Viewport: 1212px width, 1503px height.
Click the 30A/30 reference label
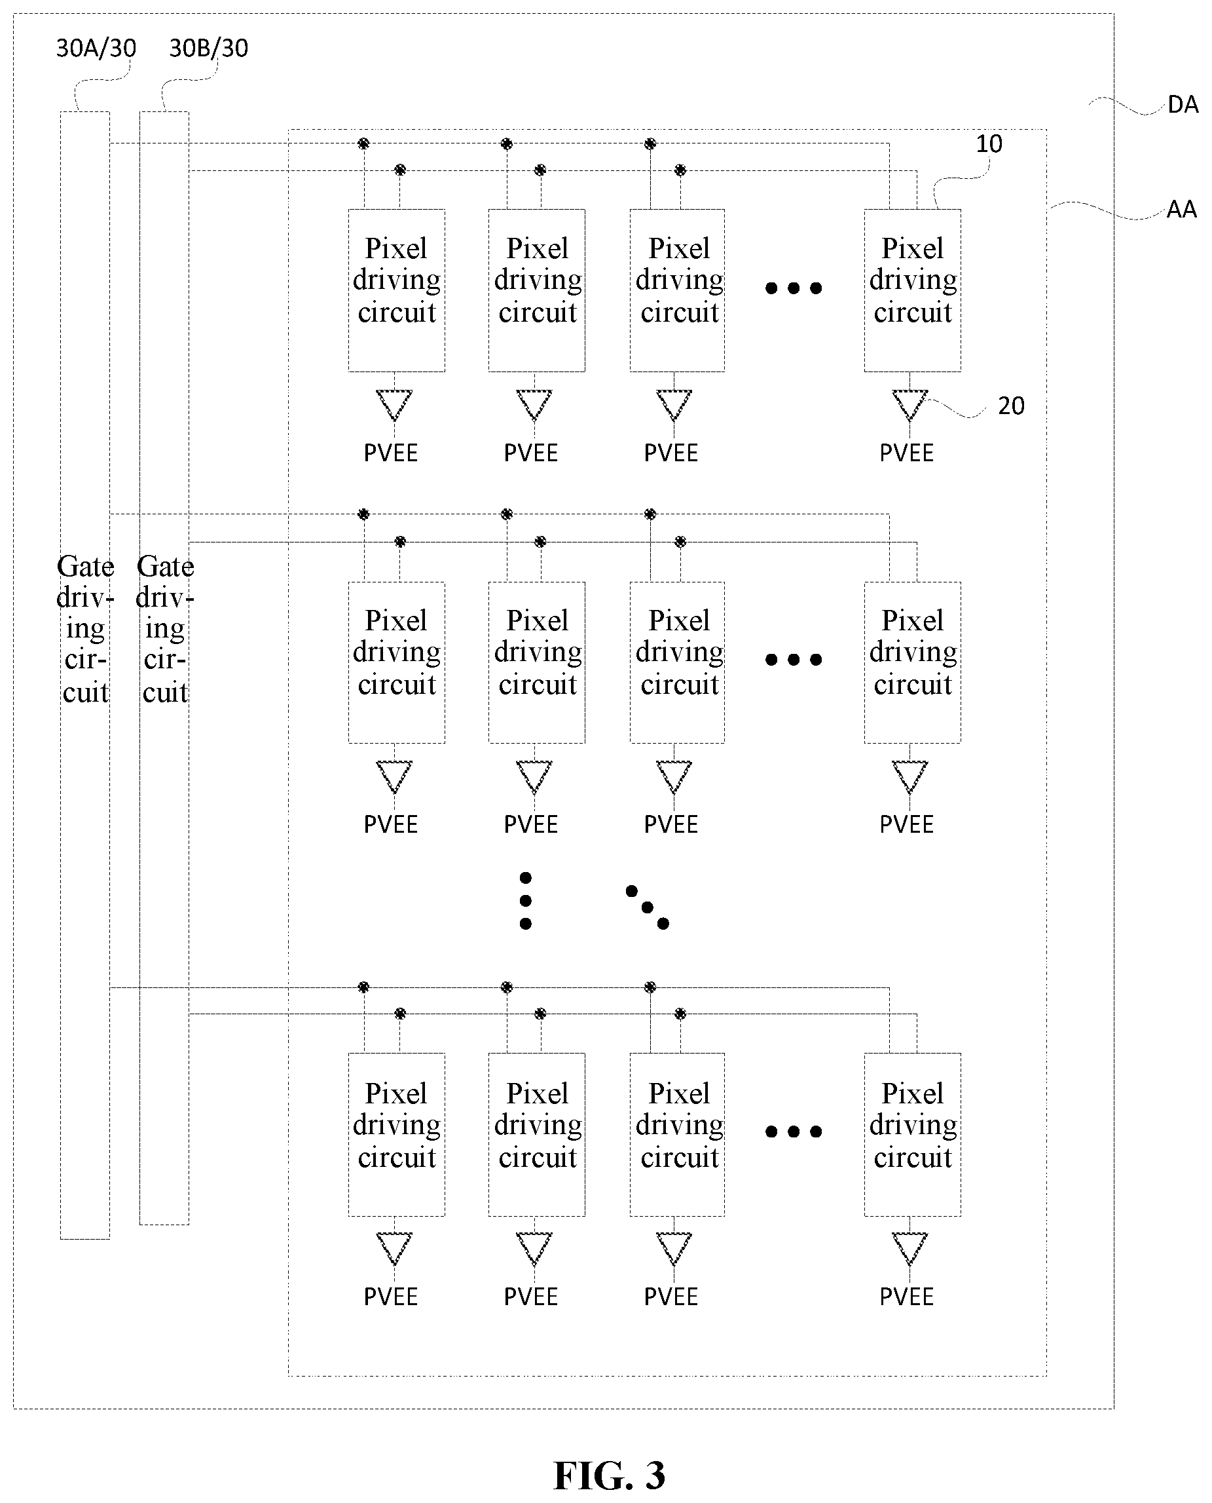[96, 48]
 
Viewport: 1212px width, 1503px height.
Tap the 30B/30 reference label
[209, 48]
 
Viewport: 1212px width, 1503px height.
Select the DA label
[1183, 105]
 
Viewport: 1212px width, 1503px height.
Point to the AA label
[1181, 210]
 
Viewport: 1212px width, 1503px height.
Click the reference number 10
[989, 144]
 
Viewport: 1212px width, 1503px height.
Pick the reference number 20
[1011, 406]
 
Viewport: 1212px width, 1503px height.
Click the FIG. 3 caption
[609, 1475]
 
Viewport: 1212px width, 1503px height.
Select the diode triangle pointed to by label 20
[909, 404]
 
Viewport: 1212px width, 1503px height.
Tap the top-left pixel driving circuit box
[397, 290]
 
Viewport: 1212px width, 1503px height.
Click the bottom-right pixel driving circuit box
[913, 1134]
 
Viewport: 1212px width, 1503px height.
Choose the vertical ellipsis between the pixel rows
[526, 900]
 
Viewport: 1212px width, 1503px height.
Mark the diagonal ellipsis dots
[647, 907]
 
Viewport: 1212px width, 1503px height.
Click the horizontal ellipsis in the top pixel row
[793, 288]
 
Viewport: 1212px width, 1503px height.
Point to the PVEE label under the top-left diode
[390, 453]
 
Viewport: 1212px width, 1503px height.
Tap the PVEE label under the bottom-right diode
[906, 1297]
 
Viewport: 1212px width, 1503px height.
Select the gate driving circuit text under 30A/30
[85, 628]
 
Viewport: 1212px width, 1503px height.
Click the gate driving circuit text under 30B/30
[165, 628]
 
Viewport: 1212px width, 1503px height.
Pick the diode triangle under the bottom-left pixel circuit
[394, 1248]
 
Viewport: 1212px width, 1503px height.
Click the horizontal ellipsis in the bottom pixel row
[793, 1132]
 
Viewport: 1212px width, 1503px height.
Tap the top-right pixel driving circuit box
[913, 290]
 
